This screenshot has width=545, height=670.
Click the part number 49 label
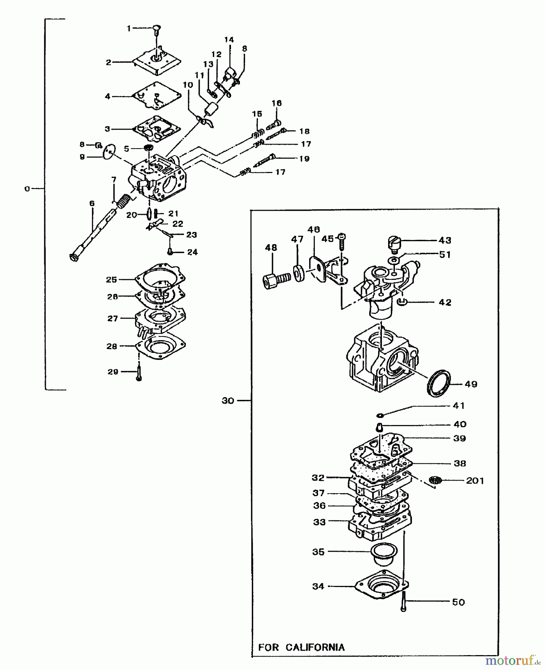(471, 384)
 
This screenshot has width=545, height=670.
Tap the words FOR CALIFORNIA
(301, 647)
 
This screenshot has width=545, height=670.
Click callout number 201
(475, 481)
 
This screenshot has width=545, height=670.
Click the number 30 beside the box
(228, 401)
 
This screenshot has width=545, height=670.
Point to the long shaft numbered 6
(93, 234)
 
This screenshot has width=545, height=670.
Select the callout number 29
(113, 371)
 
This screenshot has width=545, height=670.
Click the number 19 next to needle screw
(304, 159)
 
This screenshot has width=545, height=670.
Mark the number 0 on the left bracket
(27, 189)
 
